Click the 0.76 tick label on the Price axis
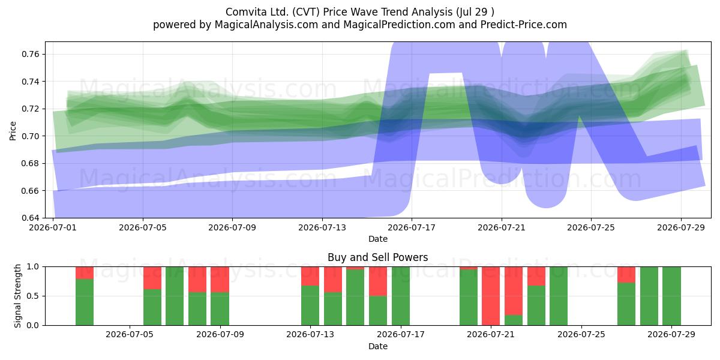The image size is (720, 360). tap(30, 54)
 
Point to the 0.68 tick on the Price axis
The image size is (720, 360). tap(30, 163)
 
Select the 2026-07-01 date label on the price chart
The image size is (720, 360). tap(53, 227)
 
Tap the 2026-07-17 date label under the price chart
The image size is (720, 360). tap(412, 227)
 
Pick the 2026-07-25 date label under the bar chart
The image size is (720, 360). tap(581, 334)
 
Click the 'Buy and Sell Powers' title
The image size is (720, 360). tap(377, 257)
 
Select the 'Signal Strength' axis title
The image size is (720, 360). tap(17, 296)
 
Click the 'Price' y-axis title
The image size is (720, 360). tap(13, 131)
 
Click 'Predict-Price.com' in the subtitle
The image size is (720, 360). tap(524, 25)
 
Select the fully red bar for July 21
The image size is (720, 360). tap(491, 296)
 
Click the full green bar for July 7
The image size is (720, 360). tap(175, 296)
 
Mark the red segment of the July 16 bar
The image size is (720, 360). tap(378, 281)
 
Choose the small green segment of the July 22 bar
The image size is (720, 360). tap(514, 320)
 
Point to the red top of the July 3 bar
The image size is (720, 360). tap(85, 273)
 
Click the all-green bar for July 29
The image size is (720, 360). tap(671, 296)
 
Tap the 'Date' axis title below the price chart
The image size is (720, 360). tap(377, 239)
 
